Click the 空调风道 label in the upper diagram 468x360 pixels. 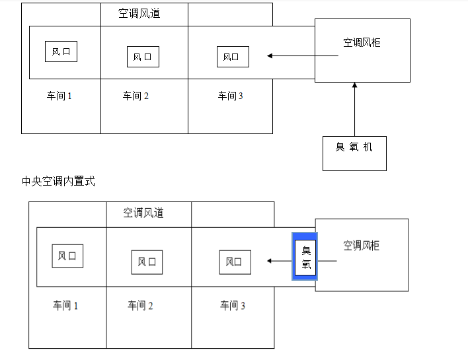tap(139, 13)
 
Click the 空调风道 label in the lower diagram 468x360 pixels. tap(143, 213)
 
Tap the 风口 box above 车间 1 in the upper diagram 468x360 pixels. tap(61, 52)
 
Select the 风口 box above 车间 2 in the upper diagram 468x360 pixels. tap(143, 57)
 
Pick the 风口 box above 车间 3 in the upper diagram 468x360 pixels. tap(233, 57)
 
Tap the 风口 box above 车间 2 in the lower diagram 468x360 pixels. tap(147, 262)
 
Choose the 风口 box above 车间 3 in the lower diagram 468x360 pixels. tap(235, 262)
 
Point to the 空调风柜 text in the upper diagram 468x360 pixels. tap(362, 43)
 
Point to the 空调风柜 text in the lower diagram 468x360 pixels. tap(362, 246)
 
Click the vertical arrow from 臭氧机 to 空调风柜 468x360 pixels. tap(354, 109)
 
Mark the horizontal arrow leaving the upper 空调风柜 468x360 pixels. tap(303, 56)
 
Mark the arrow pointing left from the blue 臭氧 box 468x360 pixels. tap(280, 261)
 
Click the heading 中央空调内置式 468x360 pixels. tap(58, 181)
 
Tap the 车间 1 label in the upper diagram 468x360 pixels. tap(59, 96)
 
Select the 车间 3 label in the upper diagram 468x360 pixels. tap(231, 96)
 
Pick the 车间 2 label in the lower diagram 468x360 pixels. tap(140, 305)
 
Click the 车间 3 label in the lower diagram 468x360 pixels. tap(233, 305)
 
